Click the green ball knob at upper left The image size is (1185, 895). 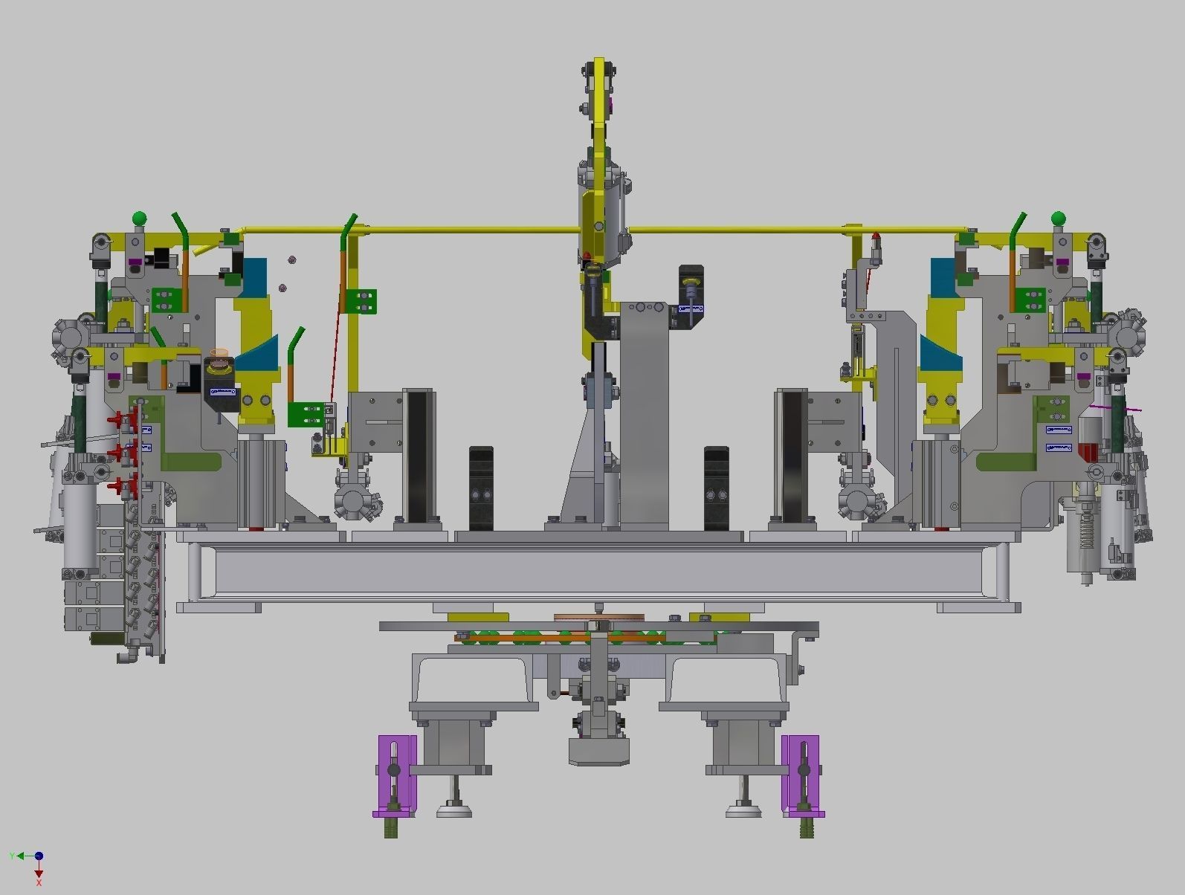pyautogui.click(x=139, y=219)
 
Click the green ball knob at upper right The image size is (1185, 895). pyautogui.click(x=1058, y=219)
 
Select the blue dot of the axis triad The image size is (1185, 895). pyautogui.click(x=39, y=856)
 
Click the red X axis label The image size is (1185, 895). pyautogui.click(x=39, y=882)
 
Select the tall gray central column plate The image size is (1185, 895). pyautogui.click(x=644, y=416)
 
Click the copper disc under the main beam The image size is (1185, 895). pyautogui.click(x=598, y=618)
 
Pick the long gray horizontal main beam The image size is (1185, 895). pyautogui.click(x=598, y=571)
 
